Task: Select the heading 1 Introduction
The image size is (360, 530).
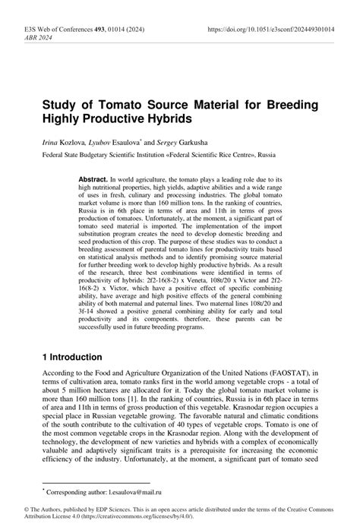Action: point(78,355)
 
